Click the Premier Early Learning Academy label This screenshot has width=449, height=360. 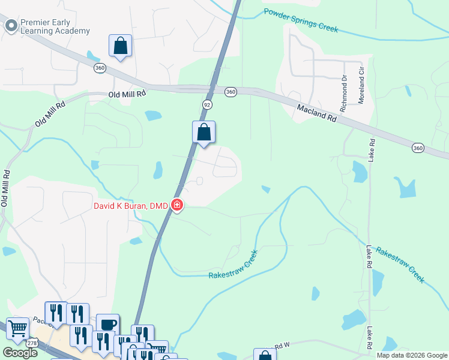(x=55, y=26)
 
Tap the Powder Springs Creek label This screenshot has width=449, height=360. (x=301, y=20)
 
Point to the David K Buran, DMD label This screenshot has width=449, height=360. (x=130, y=206)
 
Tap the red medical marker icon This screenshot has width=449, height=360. (x=177, y=206)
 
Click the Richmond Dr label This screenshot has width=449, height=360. (x=343, y=93)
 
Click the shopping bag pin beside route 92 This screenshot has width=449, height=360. (x=203, y=132)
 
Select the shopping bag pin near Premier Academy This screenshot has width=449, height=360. (x=120, y=46)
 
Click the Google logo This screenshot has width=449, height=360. (x=20, y=353)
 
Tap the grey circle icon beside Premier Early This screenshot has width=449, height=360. (x=10, y=25)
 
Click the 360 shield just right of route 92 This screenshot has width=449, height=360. (x=231, y=92)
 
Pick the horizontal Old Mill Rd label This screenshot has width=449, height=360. (x=127, y=94)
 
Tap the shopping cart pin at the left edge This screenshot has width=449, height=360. (x=18, y=328)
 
